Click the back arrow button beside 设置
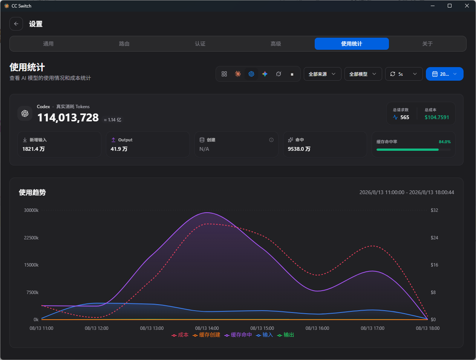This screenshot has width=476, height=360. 16,24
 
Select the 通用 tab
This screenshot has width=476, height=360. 48,44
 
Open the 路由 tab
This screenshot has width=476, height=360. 124,44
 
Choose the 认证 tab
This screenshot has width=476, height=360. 200,44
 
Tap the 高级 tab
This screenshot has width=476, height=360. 276,44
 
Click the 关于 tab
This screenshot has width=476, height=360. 427,44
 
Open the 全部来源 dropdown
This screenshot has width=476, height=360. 323,74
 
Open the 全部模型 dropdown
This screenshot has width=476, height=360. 363,74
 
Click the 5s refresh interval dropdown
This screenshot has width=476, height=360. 404,74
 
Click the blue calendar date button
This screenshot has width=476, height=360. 445,74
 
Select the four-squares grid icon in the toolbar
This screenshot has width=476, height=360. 224,74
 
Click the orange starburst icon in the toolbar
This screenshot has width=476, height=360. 238,74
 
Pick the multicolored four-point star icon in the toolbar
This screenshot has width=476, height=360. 265,74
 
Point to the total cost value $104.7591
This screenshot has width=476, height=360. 437,117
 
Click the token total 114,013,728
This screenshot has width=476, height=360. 68,118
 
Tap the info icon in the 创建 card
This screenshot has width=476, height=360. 271,140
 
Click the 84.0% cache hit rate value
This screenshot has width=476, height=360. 445,142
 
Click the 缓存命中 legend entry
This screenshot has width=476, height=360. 238,335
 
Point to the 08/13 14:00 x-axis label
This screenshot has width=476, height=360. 207,328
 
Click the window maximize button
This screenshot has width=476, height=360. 450,6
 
